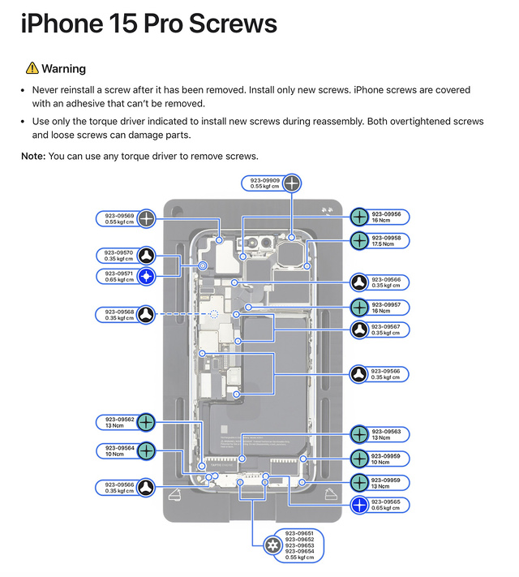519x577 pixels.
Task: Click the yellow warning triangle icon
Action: (x=32, y=68)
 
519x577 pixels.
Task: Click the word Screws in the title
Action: (x=232, y=24)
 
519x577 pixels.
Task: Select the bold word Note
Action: (x=33, y=156)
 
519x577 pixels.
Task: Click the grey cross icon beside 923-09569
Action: (x=145, y=217)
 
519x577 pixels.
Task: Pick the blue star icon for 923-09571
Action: (x=145, y=277)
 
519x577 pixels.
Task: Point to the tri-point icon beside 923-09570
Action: (x=145, y=255)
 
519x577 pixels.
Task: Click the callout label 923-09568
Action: (x=115, y=314)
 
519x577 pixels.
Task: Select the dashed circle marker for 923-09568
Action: (x=214, y=313)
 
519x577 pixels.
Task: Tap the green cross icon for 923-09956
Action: (x=360, y=217)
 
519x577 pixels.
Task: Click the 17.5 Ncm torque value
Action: (x=383, y=244)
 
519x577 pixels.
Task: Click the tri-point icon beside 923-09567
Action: (x=360, y=329)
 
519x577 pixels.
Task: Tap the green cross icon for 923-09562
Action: (x=145, y=422)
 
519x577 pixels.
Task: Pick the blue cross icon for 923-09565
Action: (x=360, y=505)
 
